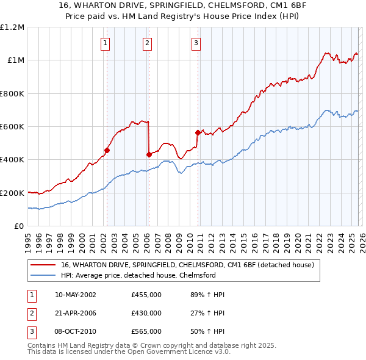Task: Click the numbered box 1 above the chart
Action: tap(106, 43)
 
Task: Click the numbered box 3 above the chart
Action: tap(196, 43)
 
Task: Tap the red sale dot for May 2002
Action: tap(107, 150)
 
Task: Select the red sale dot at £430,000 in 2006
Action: tap(149, 154)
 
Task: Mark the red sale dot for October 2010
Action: tap(198, 132)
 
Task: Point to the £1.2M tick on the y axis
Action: tap(12, 27)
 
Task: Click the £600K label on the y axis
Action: tap(12, 127)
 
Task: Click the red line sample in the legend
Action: tap(43, 265)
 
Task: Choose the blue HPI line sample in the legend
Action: tap(43, 275)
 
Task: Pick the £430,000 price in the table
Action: tap(146, 313)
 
